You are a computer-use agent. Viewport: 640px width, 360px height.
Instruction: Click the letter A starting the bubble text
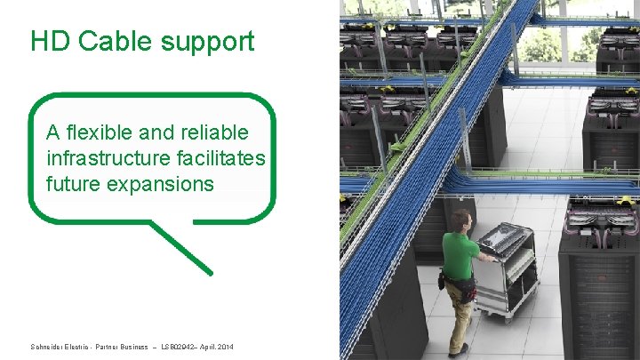(53, 132)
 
